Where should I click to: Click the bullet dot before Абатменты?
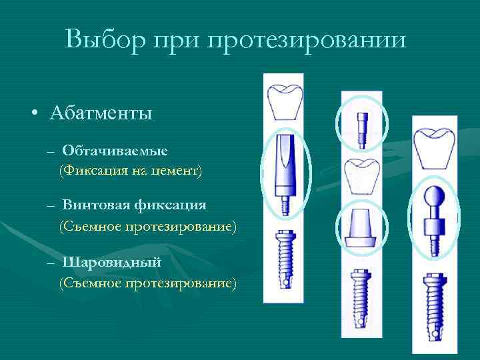33,113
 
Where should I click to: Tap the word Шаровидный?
112,262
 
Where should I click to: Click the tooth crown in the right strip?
434,147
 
